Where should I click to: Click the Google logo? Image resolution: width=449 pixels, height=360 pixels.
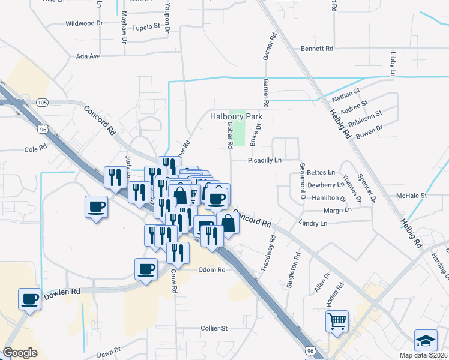[x=20, y=353]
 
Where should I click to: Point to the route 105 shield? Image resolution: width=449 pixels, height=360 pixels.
[x=41, y=103]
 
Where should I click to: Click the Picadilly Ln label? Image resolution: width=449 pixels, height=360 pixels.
[x=265, y=160]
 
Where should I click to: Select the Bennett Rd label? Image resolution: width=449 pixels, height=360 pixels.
[x=317, y=48]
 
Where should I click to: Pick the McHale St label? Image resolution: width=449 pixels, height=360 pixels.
[x=411, y=195]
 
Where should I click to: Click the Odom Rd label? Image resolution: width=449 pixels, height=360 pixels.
[x=212, y=270]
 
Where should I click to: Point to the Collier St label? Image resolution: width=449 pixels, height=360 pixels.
[x=214, y=328]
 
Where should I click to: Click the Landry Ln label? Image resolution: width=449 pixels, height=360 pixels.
[x=313, y=223]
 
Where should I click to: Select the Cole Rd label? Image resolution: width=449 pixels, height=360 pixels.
[x=35, y=148]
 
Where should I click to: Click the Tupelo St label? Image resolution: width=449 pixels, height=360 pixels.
[x=146, y=27]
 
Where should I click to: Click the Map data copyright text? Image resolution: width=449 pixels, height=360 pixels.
[x=423, y=355]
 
